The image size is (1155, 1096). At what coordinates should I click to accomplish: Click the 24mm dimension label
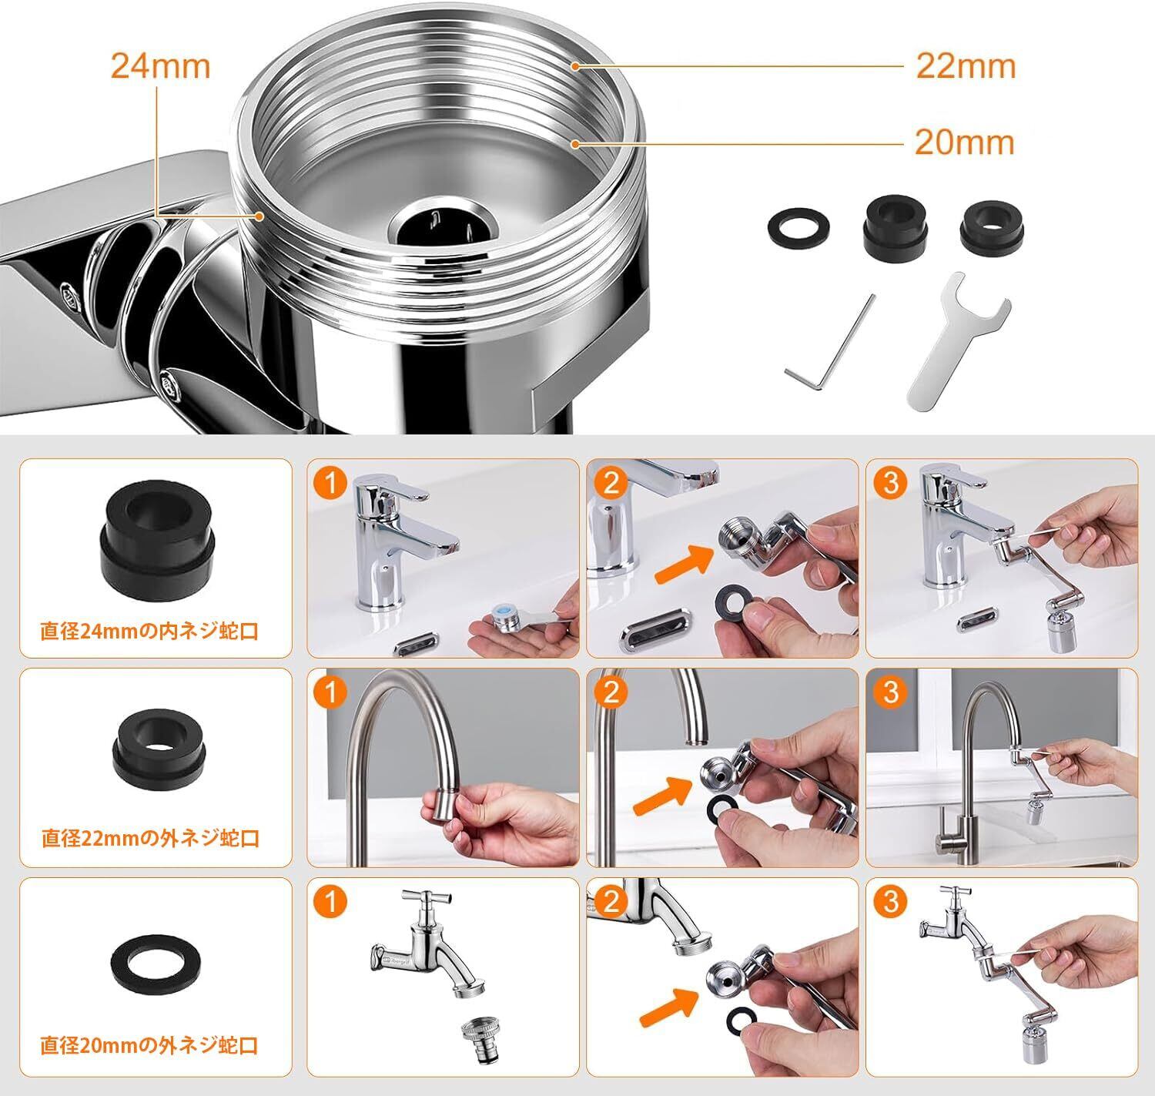click(160, 65)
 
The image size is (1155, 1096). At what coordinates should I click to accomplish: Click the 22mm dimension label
click(966, 65)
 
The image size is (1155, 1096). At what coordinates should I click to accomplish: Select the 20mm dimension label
click(964, 142)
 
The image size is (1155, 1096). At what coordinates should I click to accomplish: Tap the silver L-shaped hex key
click(829, 342)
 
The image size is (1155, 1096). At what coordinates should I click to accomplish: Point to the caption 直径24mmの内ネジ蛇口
click(149, 631)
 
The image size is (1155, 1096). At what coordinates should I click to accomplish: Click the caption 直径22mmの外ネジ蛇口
click(150, 837)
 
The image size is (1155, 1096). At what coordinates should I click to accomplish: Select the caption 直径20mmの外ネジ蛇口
click(149, 1045)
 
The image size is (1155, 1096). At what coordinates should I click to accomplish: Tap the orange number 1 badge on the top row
click(331, 483)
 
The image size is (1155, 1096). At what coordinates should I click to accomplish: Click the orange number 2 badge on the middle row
click(611, 692)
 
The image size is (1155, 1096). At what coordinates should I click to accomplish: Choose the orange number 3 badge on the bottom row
click(891, 901)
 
